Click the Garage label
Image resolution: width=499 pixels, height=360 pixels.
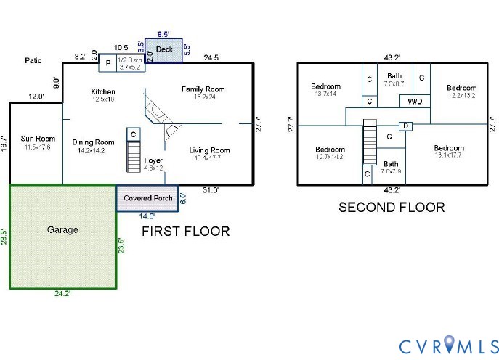[63, 230]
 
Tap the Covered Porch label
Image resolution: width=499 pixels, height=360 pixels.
[147, 198]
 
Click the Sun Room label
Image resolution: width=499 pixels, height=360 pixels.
[38, 138]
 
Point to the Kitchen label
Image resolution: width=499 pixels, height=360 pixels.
[103, 91]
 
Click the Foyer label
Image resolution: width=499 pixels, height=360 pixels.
[153, 160]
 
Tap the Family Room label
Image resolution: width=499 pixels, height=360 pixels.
[203, 89]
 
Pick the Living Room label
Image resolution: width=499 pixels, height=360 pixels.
[209, 150]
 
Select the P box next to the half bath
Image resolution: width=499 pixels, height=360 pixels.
[107, 63]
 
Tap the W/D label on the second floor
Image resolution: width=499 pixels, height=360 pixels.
[415, 101]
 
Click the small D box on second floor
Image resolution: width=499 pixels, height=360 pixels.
[406, 126]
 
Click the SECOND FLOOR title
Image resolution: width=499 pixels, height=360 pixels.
[392, 207]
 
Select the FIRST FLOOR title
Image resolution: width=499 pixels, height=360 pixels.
[185, 232]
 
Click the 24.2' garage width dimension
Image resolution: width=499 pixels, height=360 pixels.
[61, 294]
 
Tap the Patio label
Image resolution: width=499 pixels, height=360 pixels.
[33, 61]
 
